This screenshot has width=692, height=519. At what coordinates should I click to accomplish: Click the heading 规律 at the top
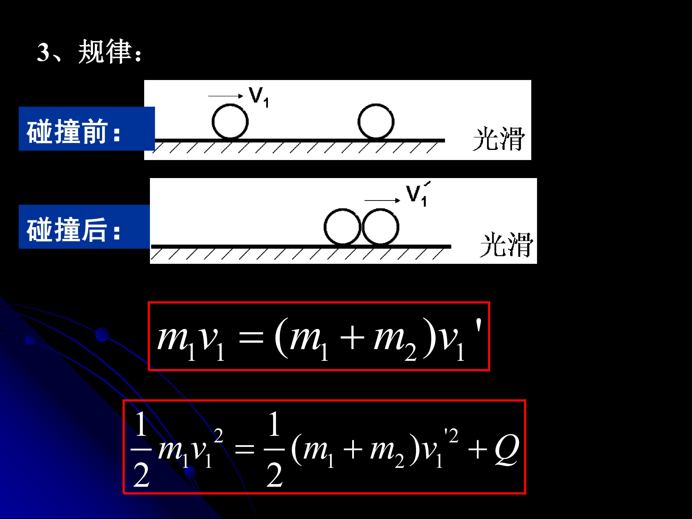[x=105, y=52]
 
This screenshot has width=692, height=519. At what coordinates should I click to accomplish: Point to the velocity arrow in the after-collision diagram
[x=382, y=200]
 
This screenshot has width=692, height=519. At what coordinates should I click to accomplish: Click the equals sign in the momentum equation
[x=251, y=339]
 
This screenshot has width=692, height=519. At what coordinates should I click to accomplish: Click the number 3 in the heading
[x=43, y=52]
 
